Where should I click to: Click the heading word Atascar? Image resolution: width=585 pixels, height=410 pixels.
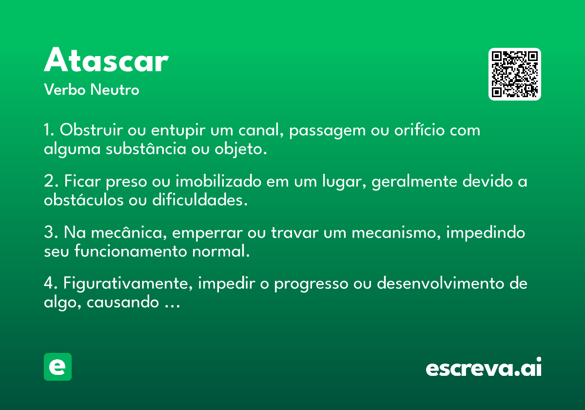[x=106, y=60]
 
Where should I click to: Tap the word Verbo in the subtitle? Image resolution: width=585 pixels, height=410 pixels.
[x=65, y=89]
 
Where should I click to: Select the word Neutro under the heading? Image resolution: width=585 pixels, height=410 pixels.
[x=115, y=89]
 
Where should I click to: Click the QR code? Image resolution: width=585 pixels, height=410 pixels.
[x=514, y=74]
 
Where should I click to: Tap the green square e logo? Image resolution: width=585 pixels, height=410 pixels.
[x=58, y=367]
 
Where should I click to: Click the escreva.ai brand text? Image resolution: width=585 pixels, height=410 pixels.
[x=484, y=367]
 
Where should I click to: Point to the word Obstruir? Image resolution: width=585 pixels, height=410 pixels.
[x=91, y=130]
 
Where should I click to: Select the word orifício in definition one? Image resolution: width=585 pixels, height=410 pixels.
[x=419, y=130]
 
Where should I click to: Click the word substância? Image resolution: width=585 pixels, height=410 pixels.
[x=146, y=149]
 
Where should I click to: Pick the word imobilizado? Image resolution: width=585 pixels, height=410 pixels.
[x=218, y=181]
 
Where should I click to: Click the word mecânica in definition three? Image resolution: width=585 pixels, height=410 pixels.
[x=129, y=232]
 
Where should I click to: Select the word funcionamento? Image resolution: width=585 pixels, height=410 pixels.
[x=131, y=251]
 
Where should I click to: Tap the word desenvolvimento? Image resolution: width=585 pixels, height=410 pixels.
[x=441, y=284]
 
